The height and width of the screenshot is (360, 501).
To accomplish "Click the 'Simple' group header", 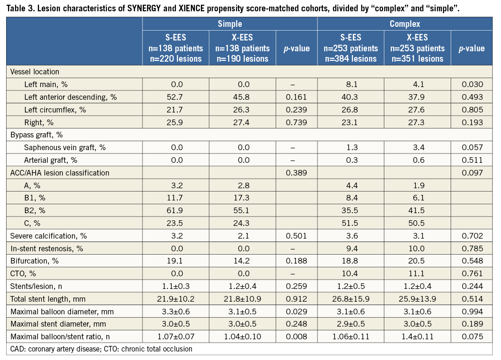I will tap(230, 24).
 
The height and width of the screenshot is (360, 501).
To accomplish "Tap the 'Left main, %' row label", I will tap(48, 85).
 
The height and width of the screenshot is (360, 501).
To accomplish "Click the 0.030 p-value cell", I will tap(472, 85).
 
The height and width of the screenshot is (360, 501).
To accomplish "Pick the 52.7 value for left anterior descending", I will tap(175, 97).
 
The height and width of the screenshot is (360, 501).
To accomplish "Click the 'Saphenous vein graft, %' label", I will tap(65, 147).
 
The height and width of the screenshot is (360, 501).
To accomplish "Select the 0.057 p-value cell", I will tap(472, 147).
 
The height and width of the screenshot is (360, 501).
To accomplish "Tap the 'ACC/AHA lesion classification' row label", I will tap(60, 173).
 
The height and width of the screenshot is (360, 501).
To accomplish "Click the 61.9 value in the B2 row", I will tap(175, 210).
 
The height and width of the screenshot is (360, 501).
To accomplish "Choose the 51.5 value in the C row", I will tap(350, 223).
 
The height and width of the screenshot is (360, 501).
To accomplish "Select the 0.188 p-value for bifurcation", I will tap(296, 261).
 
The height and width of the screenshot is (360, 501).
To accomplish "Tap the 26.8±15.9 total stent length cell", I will tap(350, 298).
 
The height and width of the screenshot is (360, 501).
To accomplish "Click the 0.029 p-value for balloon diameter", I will tap(296, 311).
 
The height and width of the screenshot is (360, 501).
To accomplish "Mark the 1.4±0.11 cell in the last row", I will tap(417, 336).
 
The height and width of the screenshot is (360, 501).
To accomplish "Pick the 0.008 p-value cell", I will tap(296, 336).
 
